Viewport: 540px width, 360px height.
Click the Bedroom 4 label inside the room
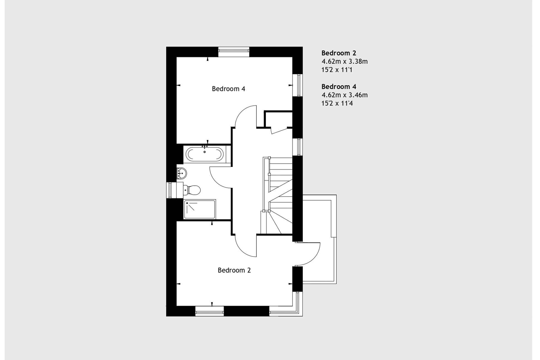228,89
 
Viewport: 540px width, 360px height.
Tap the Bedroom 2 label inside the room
234,270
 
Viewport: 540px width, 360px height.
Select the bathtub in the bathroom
204,154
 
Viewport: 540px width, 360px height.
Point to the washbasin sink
181,173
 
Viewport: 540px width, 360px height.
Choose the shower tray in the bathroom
200,209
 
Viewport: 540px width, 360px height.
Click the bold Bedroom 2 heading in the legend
339,53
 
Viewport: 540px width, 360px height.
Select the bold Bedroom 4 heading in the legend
339,87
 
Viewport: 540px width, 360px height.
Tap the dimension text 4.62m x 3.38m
345,61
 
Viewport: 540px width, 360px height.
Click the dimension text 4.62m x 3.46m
345,95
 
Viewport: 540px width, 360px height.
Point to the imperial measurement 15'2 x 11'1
337,70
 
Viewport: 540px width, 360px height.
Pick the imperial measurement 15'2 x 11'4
337,103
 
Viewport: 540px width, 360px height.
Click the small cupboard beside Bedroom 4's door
278,120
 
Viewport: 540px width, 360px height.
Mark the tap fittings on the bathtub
205,147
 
